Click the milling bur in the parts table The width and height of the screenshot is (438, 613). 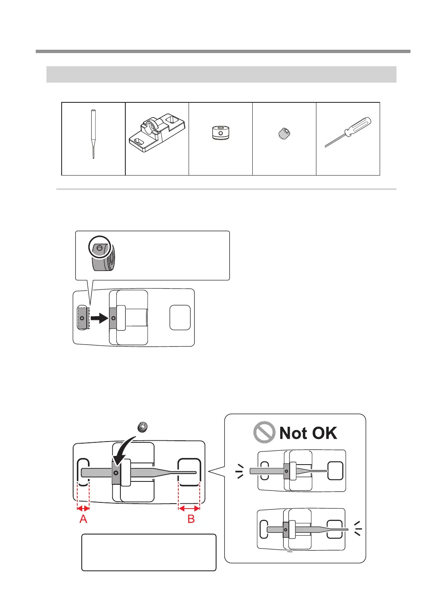(x=93, y=134)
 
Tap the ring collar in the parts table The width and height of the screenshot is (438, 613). (x=221, y=133)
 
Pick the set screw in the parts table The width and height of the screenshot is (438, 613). (x=284, y=134)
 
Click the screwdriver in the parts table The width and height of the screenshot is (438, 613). (x=348, y=132)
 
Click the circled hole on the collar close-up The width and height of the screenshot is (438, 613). (x=100, y=248)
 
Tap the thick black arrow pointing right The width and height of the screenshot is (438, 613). (x=99, y=318)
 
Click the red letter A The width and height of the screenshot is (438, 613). (x=83, y=519)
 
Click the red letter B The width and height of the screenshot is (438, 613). (x=191, y=519)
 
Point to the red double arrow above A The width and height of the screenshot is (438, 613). (x=83, y=509)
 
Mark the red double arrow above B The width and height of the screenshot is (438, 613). (x=189, y=509)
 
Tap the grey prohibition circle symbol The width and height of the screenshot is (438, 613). (x=264, y=432)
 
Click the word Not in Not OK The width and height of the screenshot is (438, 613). (x=293, y=433)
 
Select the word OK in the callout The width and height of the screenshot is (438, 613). (x=325, y=433)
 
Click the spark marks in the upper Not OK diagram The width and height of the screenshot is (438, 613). (x=240, y=471)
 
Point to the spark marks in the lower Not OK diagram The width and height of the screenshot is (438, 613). (x=357, y=528)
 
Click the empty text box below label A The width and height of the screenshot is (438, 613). (x=149, y=552)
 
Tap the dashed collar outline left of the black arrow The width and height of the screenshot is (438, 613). (x=83, y=318)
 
